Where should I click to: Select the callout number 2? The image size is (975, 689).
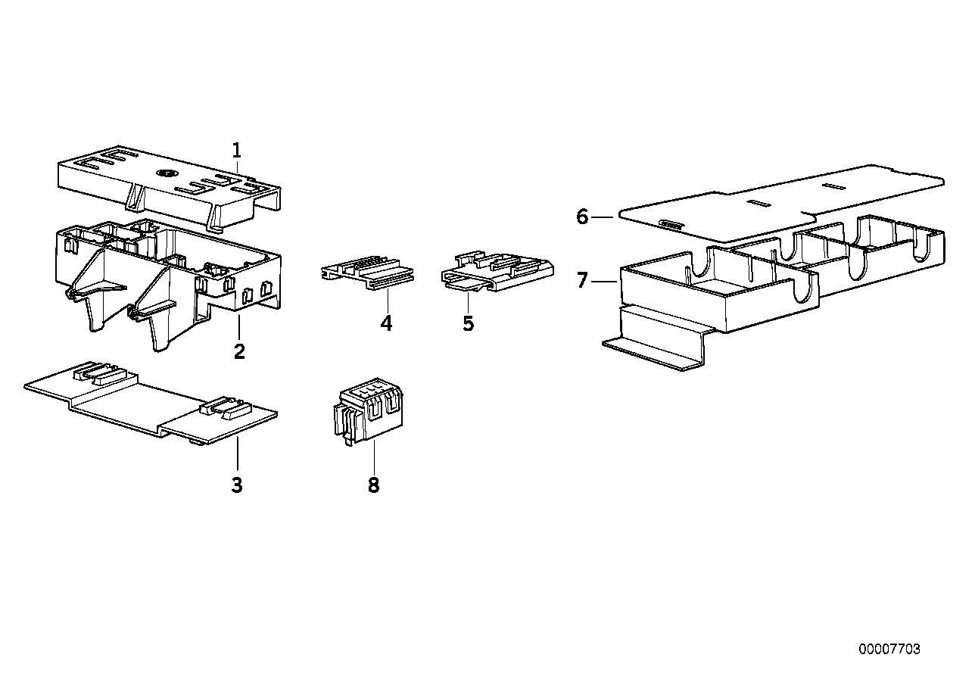point(239,351)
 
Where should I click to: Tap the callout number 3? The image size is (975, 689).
point(237,485)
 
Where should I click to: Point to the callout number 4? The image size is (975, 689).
point(387,324)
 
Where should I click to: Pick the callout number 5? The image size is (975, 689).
point(469,324)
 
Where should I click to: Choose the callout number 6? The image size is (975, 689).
point(581,217)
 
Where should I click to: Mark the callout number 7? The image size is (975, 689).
point(581,281)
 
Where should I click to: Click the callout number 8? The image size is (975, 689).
point(373,485)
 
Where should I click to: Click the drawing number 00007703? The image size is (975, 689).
point(889,650)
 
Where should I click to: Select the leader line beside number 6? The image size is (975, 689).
point(603,217)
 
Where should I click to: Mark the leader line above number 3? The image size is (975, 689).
point(237,454)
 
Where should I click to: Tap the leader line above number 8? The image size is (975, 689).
point(373,458)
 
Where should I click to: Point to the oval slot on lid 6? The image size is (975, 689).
point(669,223)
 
